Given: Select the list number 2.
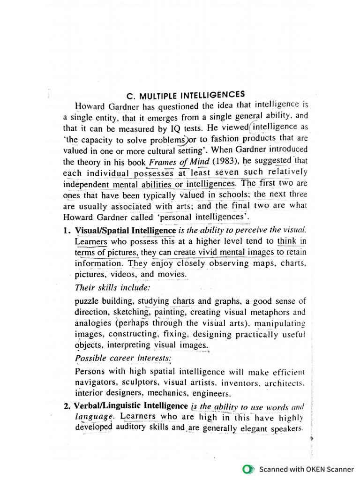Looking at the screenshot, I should coord(67,405).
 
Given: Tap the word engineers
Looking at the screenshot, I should coord(214,394).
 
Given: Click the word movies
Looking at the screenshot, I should coord(172,274).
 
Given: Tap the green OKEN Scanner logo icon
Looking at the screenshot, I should coord(248,469).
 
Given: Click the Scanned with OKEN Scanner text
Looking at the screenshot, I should coord(307,469).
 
